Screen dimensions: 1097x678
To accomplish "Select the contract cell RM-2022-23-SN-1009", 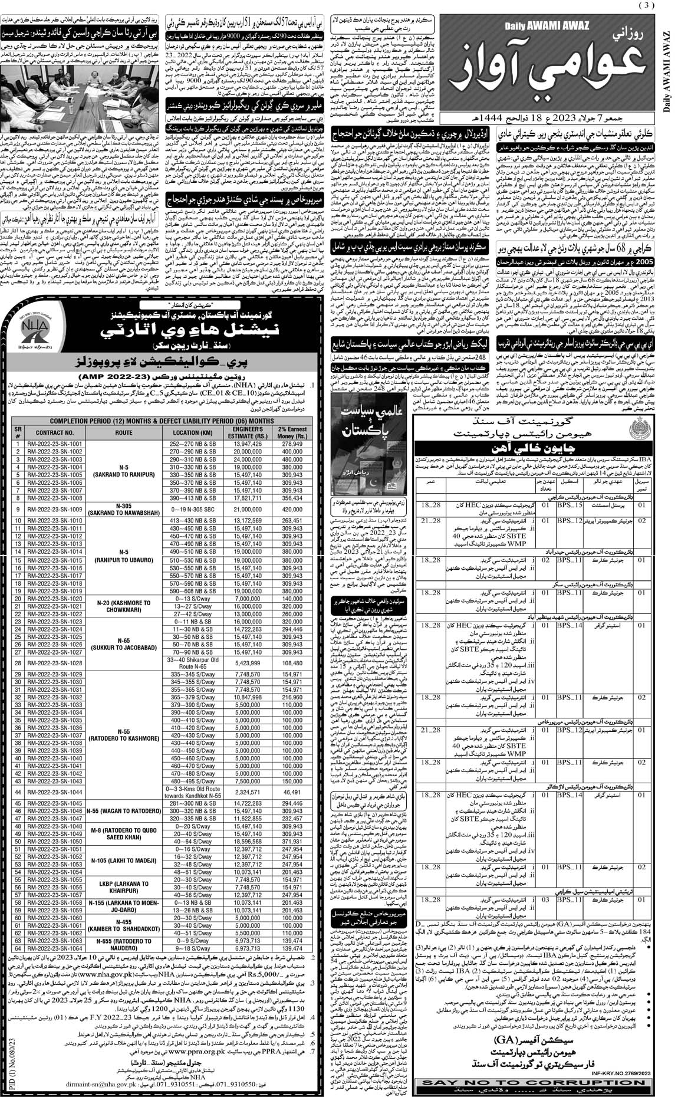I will pyautogui.click(x=51, y=508).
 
